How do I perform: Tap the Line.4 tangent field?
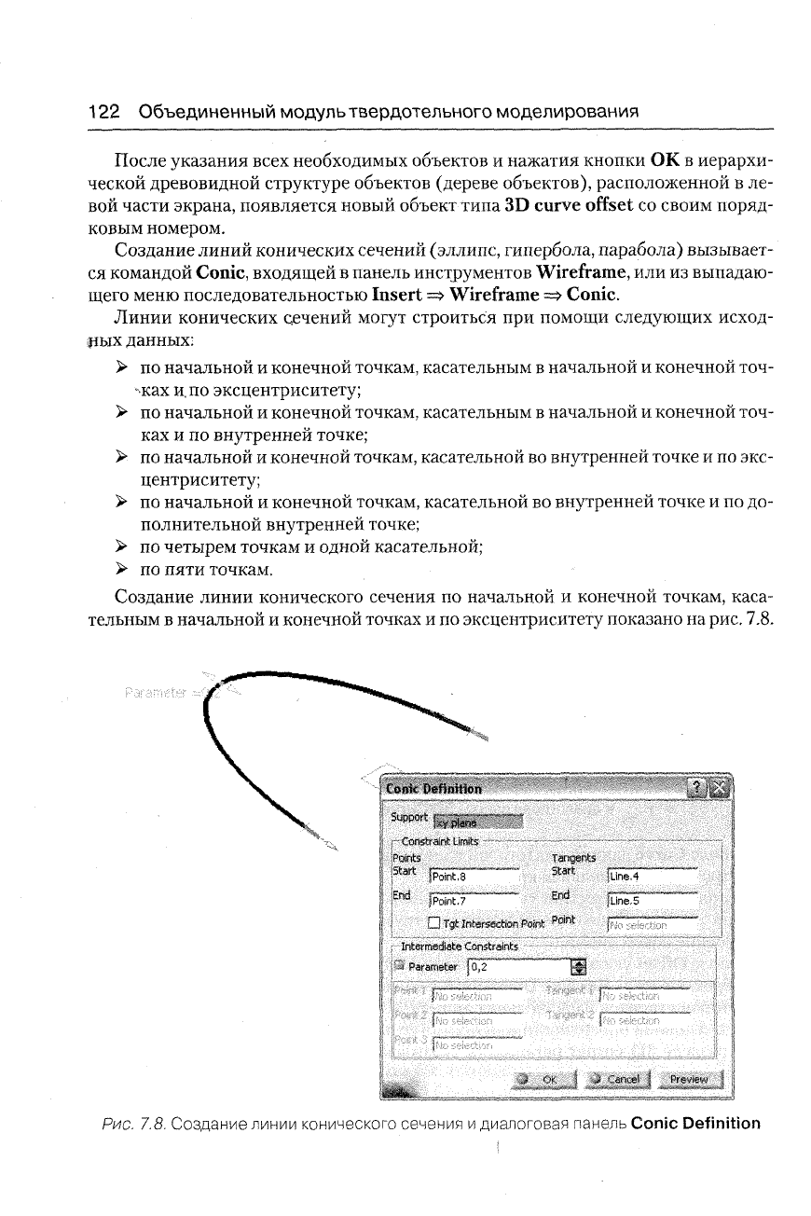pyautogui.click(x=651, y=876)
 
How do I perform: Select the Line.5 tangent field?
pyautogui.click(x=651, y=901)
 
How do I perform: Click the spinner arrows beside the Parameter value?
pyautogui.click(x=576, y=967)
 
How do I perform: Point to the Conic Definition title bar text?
pyautogui.click(x=434, y=788)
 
